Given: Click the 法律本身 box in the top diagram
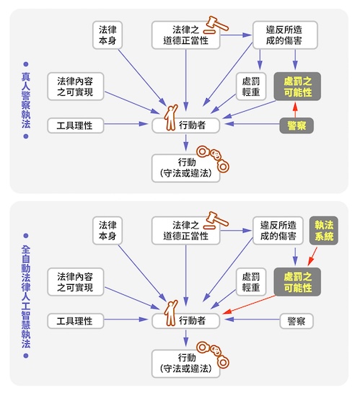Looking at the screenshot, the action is (107, 35).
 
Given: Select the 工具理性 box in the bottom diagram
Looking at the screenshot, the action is (76, 321).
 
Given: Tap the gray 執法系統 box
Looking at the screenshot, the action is (324, 231).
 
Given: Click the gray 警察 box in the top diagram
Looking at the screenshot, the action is (297, 125).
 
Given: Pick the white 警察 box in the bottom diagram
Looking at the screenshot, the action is (297, 321).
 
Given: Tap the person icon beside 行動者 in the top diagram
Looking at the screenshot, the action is (171, 118).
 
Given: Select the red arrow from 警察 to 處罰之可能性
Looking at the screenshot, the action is (295, 110).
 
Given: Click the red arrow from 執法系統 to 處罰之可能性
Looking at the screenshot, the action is (312, 256).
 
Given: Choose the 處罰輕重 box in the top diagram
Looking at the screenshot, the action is (251, 87).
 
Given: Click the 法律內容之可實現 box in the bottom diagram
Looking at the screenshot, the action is (76, 282).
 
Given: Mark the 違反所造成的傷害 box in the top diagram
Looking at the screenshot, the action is (285, 35).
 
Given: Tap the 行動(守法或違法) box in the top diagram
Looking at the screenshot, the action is (185, 168).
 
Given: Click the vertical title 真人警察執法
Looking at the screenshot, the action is (26, 100).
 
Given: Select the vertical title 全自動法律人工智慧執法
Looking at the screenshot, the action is (26, 296).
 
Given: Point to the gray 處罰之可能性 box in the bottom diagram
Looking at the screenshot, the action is (297, 282).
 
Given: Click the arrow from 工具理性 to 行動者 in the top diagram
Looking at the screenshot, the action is (126, 124).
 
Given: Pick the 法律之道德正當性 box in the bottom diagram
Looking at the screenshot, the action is (185, 231).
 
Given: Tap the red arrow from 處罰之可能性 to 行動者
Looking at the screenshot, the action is (249, 304).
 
